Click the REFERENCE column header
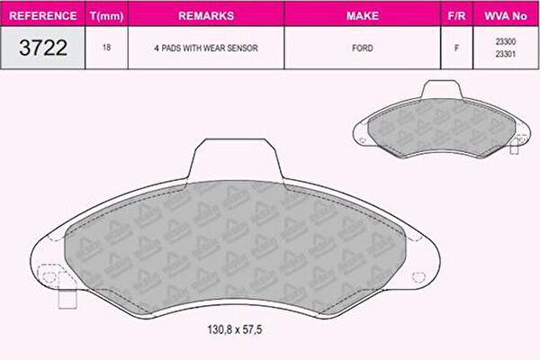point(42,16)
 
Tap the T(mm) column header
point(106,16)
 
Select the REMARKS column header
point(206,16)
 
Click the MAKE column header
point(363,16)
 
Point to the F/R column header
point(456,16)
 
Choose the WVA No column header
point(506,16)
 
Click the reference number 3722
point(43,48)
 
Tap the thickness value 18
point(106,47)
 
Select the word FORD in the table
point(363,48)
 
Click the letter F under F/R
point(456,48)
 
